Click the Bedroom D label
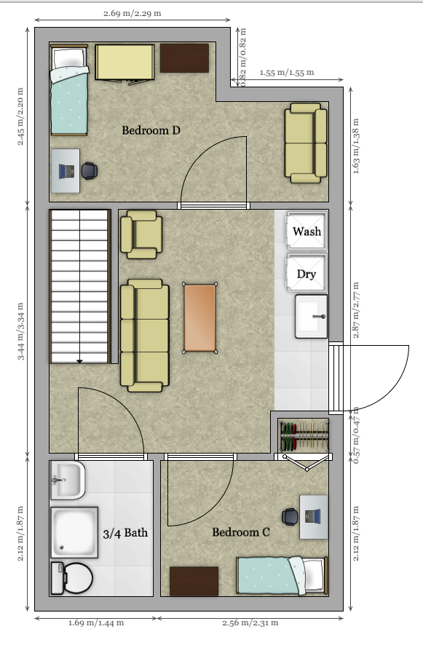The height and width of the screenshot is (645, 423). (151, 130)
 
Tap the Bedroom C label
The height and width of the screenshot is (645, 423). (241, 532)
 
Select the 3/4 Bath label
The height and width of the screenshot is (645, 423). (124, 532)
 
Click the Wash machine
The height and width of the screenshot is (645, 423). (307, 232)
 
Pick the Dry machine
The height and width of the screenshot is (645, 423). (307, 274)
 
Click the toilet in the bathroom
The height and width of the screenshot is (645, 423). (71, 578)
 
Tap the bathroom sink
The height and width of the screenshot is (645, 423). (66, 480)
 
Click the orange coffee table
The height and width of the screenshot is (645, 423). (199, 318)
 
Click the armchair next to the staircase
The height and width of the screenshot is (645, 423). (141, 234)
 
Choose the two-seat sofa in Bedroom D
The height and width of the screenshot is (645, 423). (305, 142)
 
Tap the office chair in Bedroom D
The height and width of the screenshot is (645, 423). (89, 170)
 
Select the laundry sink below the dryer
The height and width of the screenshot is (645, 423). (311, 316)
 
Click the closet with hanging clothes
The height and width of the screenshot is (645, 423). (304, 436)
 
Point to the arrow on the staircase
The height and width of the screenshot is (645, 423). (79, 359)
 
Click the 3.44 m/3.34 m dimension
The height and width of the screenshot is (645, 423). (22, 331)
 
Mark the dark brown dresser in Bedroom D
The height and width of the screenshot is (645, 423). (184, 58)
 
